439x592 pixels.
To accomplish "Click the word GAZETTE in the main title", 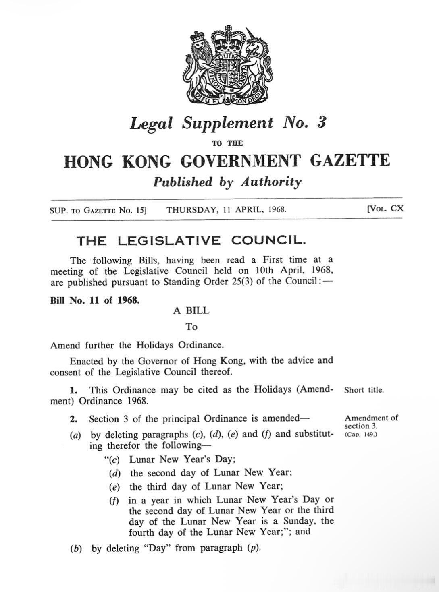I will tap(350, 161).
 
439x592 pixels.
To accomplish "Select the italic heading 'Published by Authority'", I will tap(227, 182).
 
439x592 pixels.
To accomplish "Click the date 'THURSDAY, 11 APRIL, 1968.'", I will tap(227, 210).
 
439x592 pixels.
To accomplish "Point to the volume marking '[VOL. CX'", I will tap(385, 209).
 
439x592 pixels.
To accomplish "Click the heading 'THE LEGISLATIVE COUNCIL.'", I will tap(191, 241).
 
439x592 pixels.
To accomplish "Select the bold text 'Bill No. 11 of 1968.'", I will tap(95, 300).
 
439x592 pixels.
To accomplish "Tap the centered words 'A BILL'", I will tap(191, 311).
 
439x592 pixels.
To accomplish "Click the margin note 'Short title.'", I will tap(364, 390).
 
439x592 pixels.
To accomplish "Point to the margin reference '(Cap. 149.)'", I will tap(361, 435).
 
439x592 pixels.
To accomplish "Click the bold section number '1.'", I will tap(73, 390).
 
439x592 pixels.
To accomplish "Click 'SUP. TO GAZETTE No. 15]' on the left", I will tap(97, 210).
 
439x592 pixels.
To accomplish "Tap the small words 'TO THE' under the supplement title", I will tap(227, 143).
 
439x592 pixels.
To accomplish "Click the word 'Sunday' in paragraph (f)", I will tap(299, 522).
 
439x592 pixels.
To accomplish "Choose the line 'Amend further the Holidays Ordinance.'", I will tap(137, 345).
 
